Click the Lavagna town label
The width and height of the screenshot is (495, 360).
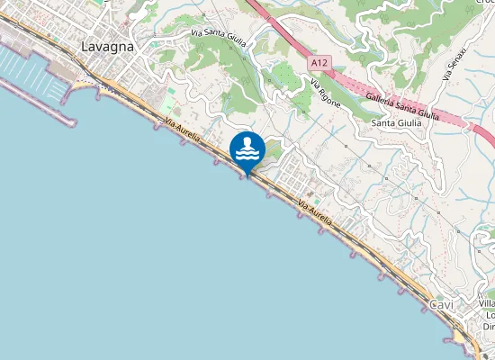(x=106, y=46)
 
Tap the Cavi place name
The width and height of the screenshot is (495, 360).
(x=441, y=305)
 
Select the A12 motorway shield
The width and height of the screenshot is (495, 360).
(x=319, y=64)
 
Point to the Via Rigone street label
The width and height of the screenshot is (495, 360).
(x=325, y=94)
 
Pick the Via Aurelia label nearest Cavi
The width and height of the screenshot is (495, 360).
(x=315, y=213)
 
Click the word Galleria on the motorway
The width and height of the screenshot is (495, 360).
(x=382, y=97)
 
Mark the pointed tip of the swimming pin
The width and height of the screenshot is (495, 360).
(x=247, y=175)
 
